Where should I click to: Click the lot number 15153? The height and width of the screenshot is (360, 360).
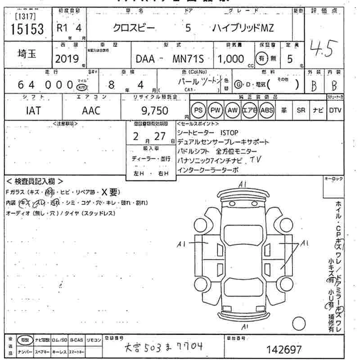(27, 30)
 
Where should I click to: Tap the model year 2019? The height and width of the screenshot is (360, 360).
(67, 58)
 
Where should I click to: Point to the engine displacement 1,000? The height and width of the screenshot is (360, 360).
(231, 59)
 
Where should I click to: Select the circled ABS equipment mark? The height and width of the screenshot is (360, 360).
(266, 110)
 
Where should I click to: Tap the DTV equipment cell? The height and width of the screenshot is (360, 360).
(335, 110)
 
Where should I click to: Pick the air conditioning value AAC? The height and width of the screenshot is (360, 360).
(91, 110)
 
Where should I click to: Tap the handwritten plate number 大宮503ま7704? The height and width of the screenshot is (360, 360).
(163, 347)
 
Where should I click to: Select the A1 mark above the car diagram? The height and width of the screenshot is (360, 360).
(243, 184)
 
